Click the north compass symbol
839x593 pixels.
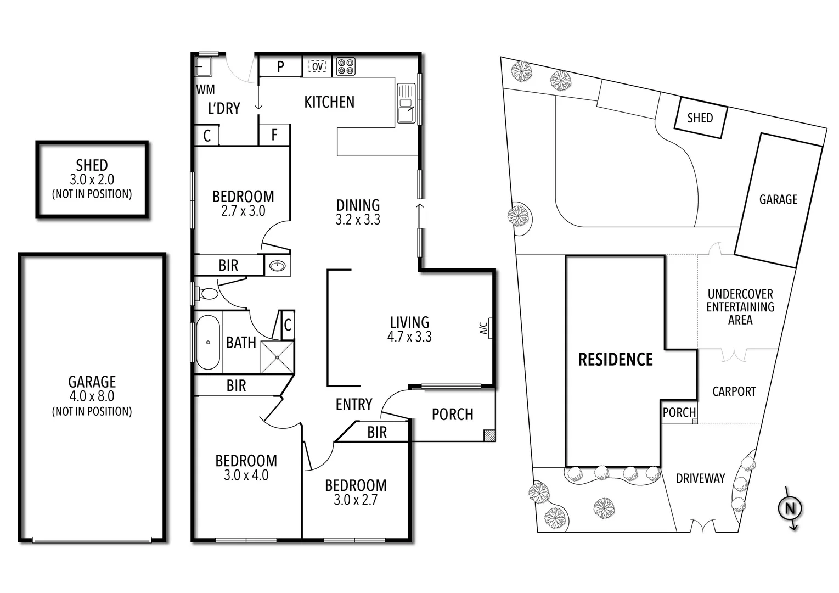click(x=790, y=508)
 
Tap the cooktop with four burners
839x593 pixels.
click(x=346, y=66)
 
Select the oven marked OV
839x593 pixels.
click(x=318, y=66)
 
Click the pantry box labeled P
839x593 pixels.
click(x=280, y=67)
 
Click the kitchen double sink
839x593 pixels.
click(x=406, y=103)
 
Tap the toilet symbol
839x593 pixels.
click(x=207, y=294)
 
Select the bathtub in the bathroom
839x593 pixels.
click(x=208, y=342)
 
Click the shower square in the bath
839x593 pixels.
click(x=277, y=357)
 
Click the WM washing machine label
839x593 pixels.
click(x=205, y=89)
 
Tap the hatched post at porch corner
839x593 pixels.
click(x=489, y=435)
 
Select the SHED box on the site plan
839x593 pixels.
click(x=700, y=118)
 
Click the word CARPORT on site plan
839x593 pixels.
click(x=734, y=391)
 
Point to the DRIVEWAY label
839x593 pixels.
click(x=700, y=478)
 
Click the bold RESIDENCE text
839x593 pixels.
click(x=615, y=360)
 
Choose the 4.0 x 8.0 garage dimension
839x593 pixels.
click(x=92, y=396)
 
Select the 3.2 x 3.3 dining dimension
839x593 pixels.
click(x=358, y=220)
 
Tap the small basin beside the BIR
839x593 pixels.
click(x=278, y=266)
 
